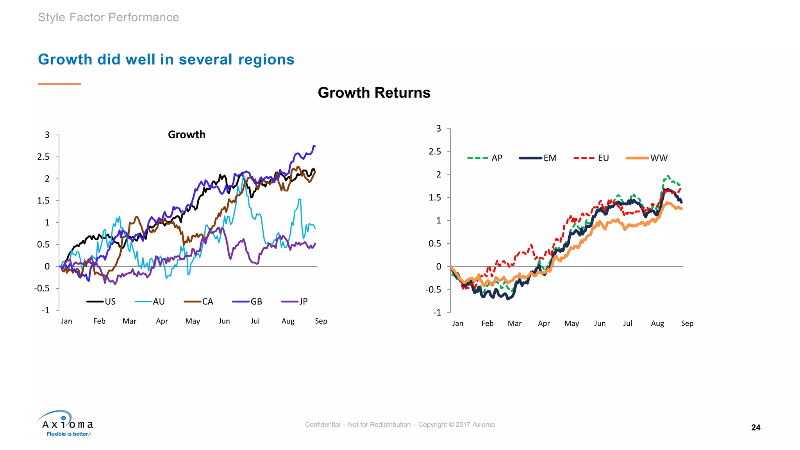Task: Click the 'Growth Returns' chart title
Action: coord(374,93)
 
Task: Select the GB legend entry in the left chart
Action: coord(247,302)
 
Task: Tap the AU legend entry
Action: coord(150,302)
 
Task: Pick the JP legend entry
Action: coord(295,302)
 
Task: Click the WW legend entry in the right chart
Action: coord(647,158)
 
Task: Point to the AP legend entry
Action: coord(485,158)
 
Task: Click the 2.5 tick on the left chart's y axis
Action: coord(43,157)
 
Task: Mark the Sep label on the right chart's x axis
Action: coord(687,323)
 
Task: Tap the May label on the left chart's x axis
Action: coord(193,321)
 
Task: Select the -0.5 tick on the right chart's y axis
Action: coord(433,289)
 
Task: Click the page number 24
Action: coord(755,427)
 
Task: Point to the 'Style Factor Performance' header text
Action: coord(108,17)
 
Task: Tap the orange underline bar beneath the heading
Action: coord(59,84)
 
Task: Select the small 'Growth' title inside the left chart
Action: coord(186,134)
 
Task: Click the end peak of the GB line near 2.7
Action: coord(314,146)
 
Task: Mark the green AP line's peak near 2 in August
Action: coord(668,176)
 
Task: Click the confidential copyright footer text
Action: coord(400,425)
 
